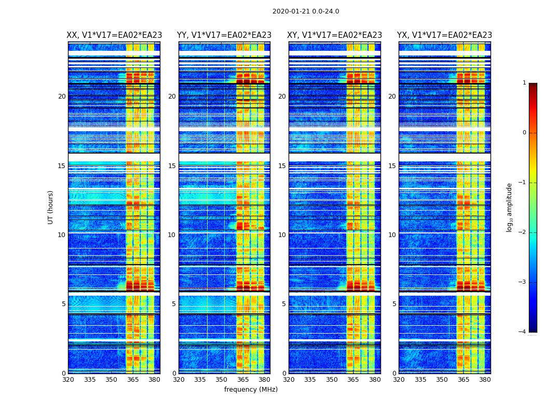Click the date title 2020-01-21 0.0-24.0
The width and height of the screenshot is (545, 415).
pyautogui.click(x=305, y=11)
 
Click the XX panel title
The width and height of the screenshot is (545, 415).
pyautogui.click(x=114, y=35)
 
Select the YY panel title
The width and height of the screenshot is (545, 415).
pyautogui.click(x=224, y=35)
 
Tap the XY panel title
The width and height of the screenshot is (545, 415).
pyautogui.click(x=334, y=35)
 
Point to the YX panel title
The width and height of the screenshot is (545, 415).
pyautogui.click(x=444, y=35)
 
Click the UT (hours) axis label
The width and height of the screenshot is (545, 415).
pyautogui.click(x=51, y=207)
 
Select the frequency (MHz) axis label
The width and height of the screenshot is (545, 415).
pyautogui.click(x=251, y=390)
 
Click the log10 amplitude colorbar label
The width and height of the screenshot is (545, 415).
pyautogui.click(x=510, y=207)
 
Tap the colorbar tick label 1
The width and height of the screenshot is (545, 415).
pyautogui.click(x=524, y=83)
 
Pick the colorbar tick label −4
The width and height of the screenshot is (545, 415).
pyautogui.click(x=523, y=332)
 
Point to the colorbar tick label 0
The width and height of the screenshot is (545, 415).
pyautogui.click(x=524, y=133)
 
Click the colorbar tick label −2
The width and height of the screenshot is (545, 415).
pyautogui.click(x=523, y=232)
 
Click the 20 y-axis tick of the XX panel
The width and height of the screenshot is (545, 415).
pyautogui.click(x=62, y=96)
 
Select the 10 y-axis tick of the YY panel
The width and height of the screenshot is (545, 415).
pyautogui.click(x=172, y=235)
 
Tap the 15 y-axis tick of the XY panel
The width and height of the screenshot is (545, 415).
pyautogui.click(x=282, y=166)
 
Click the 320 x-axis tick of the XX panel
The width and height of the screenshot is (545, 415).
pyautogui.click(x=68, y=380)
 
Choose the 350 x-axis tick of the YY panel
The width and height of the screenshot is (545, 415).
pyautogui.click(x=222, y=380)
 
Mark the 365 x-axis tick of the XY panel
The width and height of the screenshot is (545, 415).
pyautogui.click(x=353, y=380)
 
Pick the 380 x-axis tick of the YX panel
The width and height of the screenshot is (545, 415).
pyautogui.click(x=485, y=380)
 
